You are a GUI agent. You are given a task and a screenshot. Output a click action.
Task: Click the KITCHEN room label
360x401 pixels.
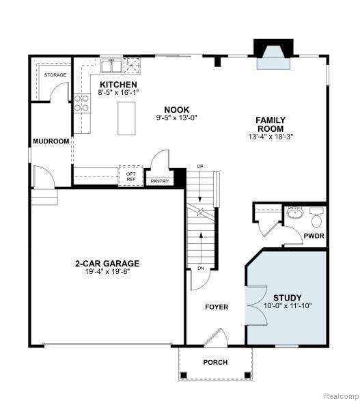click(113, 85)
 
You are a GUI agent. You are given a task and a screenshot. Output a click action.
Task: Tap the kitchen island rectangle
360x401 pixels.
click(126, 118)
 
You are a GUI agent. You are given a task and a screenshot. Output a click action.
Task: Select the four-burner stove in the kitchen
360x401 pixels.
click(82, 102)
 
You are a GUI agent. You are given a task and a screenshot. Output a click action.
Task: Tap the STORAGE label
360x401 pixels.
click(55, 74)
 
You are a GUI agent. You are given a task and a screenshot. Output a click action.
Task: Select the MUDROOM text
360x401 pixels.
click(51, 141)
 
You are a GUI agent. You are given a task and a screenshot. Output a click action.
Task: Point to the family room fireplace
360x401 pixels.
click(272, 55)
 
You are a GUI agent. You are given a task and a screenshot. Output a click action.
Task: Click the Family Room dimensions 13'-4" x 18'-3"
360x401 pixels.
click(271, 136)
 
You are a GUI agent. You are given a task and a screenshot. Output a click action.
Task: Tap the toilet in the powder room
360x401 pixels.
click(316, 221)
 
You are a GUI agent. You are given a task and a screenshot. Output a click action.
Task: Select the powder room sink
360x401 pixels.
click(295, 213)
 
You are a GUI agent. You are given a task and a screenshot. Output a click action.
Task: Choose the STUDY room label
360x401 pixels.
click(287, 298)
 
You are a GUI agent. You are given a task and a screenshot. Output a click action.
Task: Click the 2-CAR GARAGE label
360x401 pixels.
click(107, 263)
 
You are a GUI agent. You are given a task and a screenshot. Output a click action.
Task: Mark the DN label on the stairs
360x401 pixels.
click(201, 268)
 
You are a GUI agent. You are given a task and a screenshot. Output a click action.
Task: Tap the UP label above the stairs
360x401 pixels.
click(200, 167)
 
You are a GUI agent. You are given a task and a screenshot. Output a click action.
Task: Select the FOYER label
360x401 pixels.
click(217, 307)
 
